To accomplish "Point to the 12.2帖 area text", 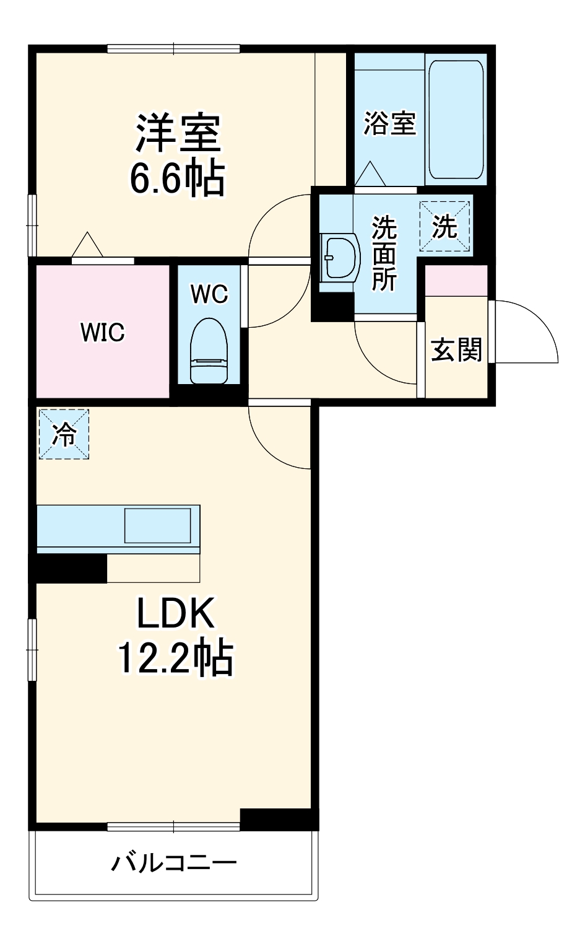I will pyautogui.click(x=175, y=658).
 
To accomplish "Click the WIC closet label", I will pyautogui.click(x=102, y=333).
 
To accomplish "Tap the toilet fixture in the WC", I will pyautogui.click(x=209, y=352).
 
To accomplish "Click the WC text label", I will pyautogui.click(x=209, y=294).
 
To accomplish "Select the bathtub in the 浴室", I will pyautogui.click(x=456, y=119).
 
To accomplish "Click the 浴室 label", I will pyautogui.click(x=389, y=123).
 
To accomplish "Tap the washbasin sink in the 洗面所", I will pyautogui.click(x=339, y=256).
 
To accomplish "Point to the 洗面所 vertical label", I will pyautogui.click(x=384, y=254).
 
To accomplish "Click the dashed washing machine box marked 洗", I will pyautogui.click(x=444, y=227).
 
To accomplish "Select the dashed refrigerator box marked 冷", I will pyautogui.click(x=64, y=434).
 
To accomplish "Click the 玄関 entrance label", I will pyautogui.click(x=456, y=350).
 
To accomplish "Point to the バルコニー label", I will pyautogui.click(x=174, y=863).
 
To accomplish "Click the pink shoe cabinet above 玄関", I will pyautogui.click(x=456, y=280).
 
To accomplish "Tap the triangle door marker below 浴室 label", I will pyautogui.click(x=370, y=174).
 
